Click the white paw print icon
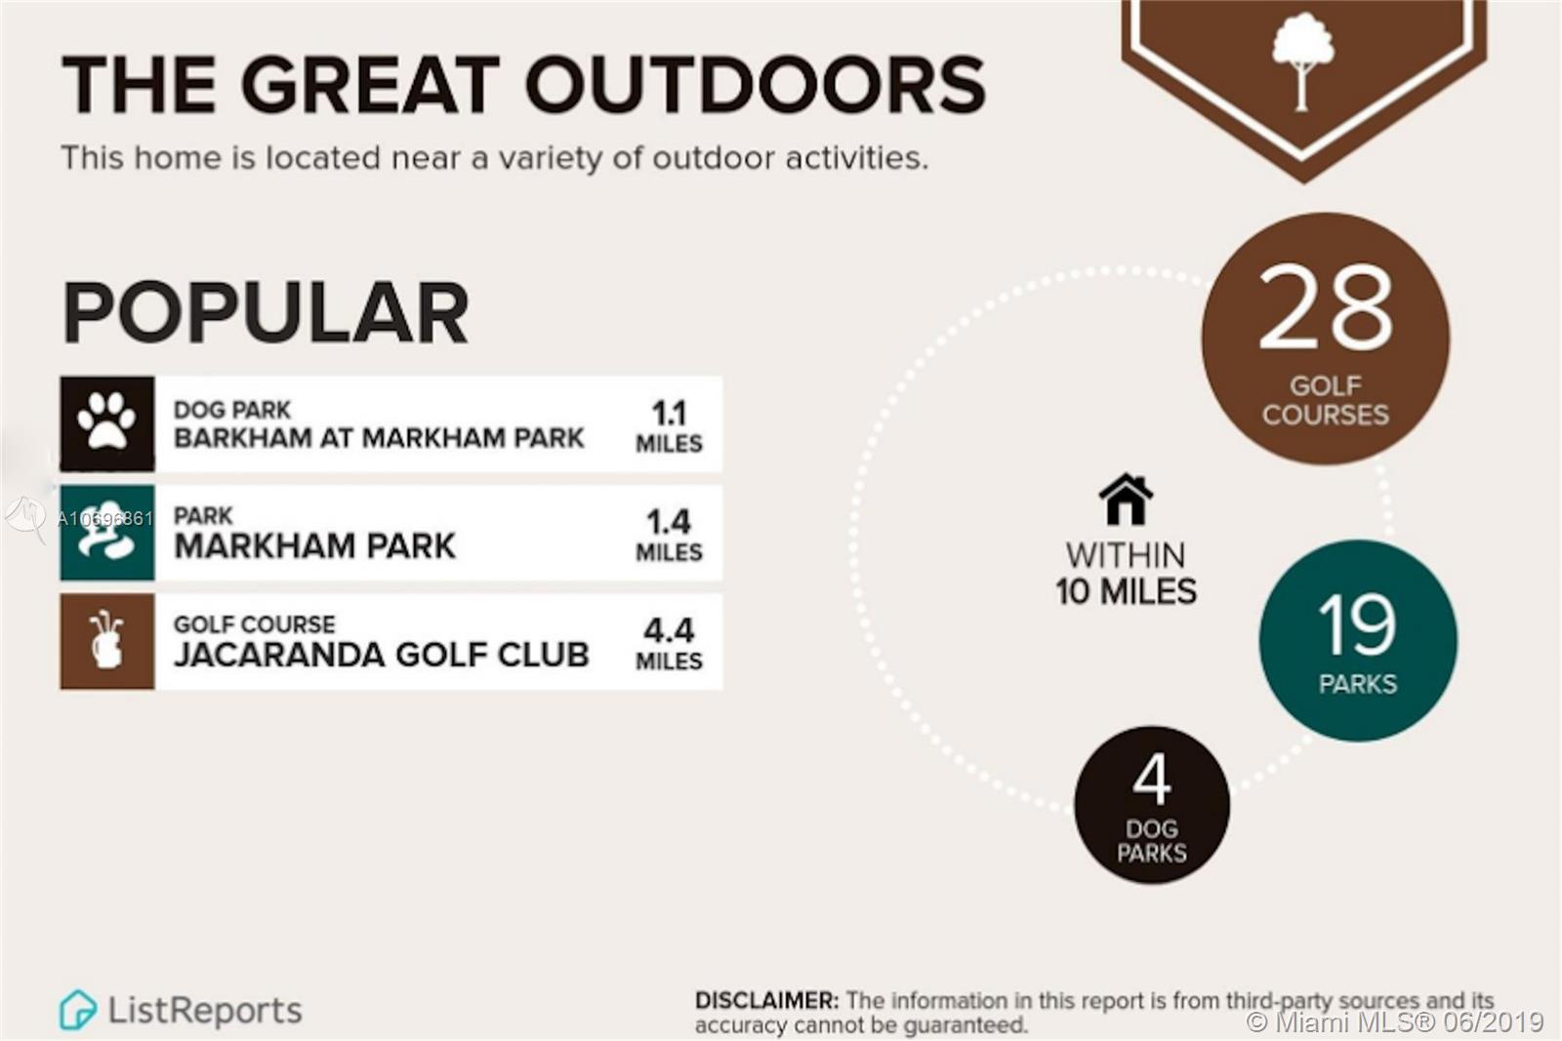click(106, 420)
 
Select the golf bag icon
click(106, 640)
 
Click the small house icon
click(1126, 499)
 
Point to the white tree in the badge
click(1302, 62)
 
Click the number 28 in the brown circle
click(1325, 307)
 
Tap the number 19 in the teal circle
click(1357, 624)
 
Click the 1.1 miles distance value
click(669, 425)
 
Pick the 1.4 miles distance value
click(669, 535)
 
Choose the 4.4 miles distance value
click(669, 643)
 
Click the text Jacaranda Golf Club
click(382, 655)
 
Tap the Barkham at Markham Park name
click(379, 438)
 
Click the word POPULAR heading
click(265, 313)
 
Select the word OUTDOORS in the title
click(756, 84)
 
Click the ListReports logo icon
click(77, 1010)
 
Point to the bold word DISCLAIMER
click(767, 1001)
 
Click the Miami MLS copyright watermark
click(1395, 1022)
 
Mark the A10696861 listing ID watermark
click(104, 518)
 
